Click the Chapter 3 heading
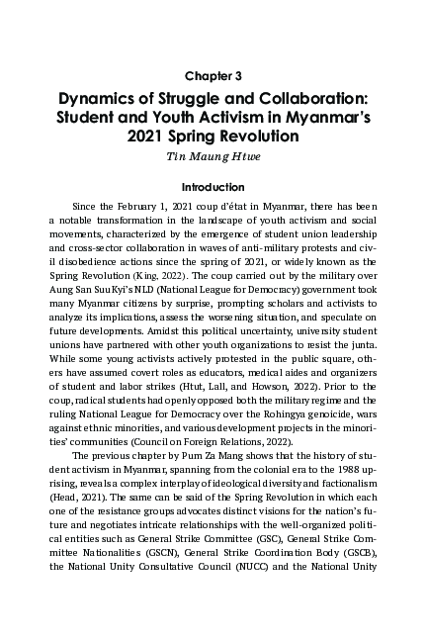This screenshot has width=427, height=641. click(x=213, y=73)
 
